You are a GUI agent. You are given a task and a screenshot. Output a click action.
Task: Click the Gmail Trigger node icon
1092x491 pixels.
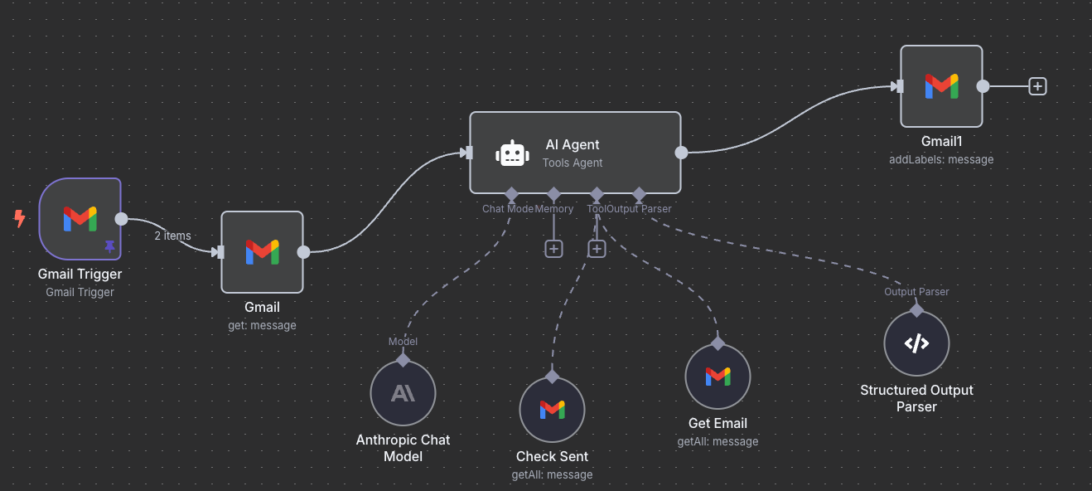[80, 219]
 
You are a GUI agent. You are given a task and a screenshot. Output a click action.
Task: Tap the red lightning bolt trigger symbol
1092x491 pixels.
[20, 219]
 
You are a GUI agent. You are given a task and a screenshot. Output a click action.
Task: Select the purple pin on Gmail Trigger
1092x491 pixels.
[109, 246]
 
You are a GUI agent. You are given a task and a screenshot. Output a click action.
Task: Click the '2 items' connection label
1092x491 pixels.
[172, 236]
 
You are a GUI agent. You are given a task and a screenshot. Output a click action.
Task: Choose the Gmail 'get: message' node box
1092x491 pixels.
[262, 252]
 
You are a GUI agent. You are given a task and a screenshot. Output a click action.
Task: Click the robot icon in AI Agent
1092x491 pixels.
[512, 153]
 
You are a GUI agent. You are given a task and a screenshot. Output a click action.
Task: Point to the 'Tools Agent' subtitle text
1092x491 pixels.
[573, 163]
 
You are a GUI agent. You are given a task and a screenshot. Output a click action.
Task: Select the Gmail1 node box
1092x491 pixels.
[941, 86]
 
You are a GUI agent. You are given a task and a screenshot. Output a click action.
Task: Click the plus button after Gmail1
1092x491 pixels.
[1037, 85]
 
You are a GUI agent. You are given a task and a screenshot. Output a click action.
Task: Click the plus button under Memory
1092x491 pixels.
[553, 249]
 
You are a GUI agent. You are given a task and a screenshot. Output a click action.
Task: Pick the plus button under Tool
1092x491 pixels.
[597, 249]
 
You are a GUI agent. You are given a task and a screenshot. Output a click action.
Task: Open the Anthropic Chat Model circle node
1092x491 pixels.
[403, 393]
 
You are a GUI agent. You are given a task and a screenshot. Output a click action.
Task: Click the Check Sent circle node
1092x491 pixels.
[552, 410]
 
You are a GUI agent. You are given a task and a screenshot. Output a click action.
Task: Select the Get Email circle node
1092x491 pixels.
[718, 377]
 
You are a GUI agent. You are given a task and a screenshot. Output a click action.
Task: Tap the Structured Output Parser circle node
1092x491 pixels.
[916, 343]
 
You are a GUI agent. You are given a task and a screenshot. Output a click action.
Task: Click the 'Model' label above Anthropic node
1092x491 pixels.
[403, 342]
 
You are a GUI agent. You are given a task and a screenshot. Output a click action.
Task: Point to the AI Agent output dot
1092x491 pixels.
[681, 153]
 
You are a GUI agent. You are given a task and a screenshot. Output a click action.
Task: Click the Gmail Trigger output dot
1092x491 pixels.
[121, 219]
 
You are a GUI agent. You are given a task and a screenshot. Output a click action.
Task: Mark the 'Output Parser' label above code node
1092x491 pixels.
[916, 292]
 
